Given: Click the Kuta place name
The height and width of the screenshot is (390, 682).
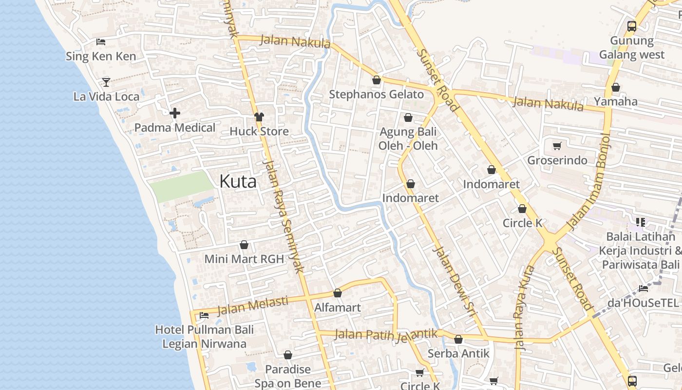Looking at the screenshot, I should point(238,181).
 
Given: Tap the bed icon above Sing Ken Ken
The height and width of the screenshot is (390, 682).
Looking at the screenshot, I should point(101,42).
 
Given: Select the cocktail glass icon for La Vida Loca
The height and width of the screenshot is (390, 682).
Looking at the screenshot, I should point(106,82).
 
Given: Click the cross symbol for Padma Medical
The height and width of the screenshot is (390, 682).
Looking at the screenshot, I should point(175,114).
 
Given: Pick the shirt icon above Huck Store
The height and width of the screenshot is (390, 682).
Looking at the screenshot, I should point(259,117).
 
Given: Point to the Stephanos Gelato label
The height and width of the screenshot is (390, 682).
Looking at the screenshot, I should point(376,95).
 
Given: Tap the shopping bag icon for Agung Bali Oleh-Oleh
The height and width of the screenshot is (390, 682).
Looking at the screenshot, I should point(408,117).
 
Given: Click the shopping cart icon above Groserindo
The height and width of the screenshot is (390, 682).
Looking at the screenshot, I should point(557,146).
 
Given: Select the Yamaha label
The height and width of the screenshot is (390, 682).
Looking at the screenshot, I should point(615,101).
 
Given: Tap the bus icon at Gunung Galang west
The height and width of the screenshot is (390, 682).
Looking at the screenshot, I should point(632,26).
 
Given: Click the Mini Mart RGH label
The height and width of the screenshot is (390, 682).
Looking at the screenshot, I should point(244,259).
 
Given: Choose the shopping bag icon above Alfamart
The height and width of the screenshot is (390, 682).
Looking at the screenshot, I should point(337,293).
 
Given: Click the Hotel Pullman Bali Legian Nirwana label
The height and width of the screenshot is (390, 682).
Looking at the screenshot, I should point(204,336).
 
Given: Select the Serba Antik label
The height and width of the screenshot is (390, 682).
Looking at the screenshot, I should point(458,353).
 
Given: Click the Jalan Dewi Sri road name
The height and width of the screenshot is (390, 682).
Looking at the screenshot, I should point(454,283).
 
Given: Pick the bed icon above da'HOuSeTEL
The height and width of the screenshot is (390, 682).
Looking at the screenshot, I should point(643,288).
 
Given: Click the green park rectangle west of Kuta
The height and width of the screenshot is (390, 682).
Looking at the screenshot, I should point(181,186).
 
